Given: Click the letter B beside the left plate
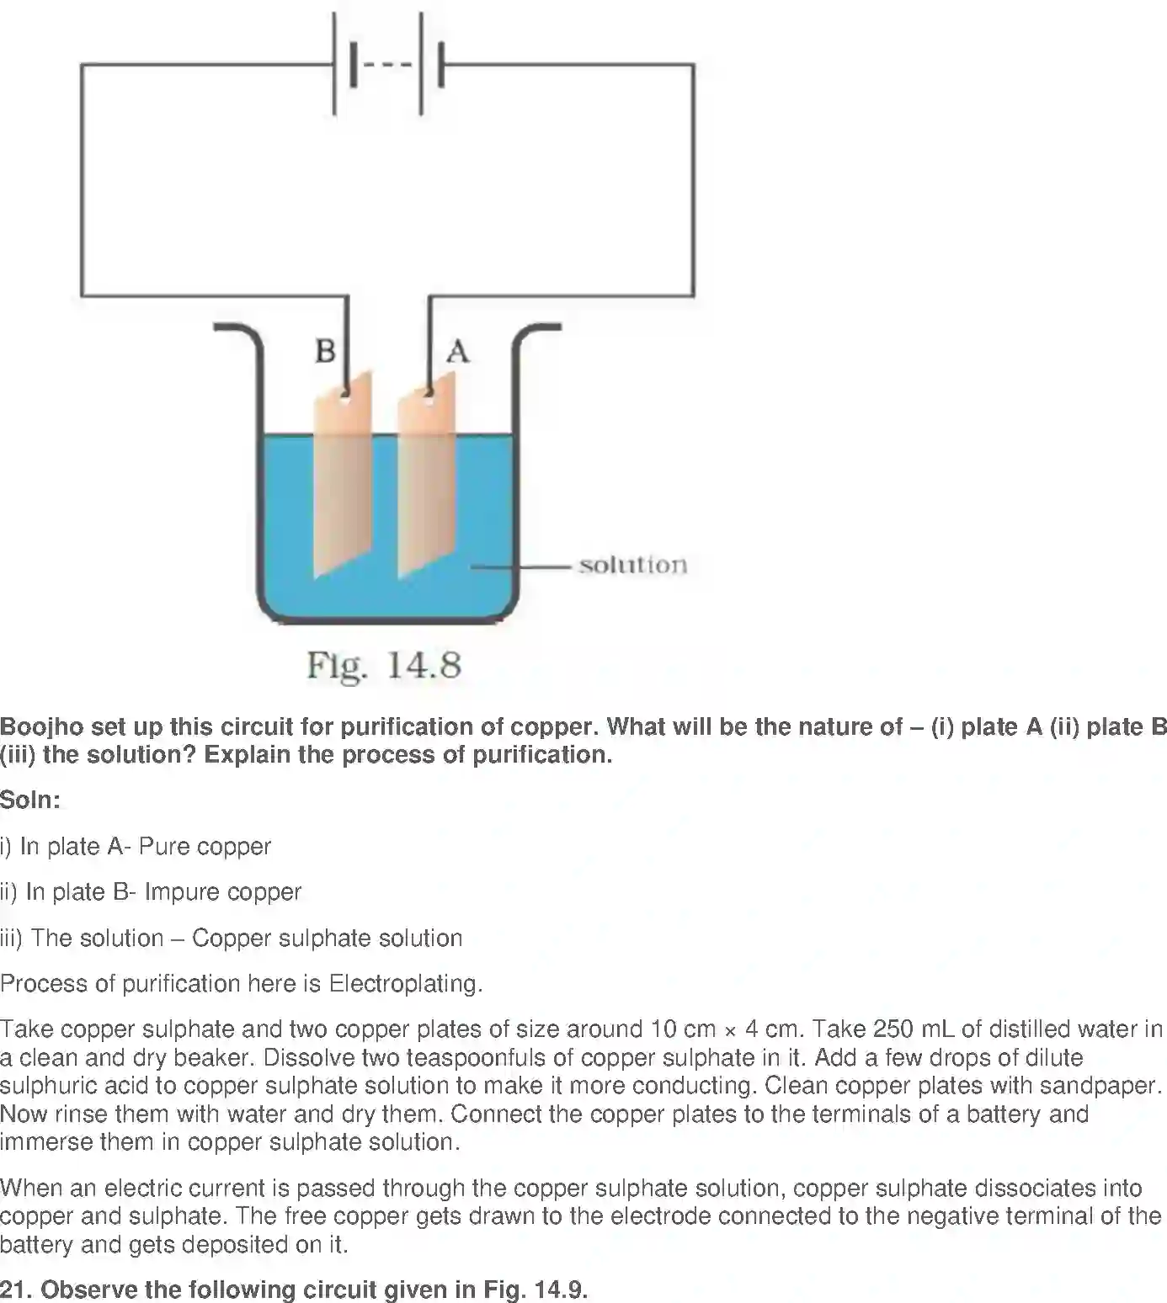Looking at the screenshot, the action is click(326, 351).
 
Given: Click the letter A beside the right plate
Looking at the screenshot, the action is click(458, 351).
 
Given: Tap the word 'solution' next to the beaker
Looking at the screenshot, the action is click(634, 566).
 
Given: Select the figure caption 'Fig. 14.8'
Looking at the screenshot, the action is click(384, 665).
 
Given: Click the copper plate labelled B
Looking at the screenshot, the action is click(343, 475).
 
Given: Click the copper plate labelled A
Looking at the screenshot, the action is click(427, 475).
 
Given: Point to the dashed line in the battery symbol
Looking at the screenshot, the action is click(387, 64).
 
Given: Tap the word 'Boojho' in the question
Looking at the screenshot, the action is click(42, 726).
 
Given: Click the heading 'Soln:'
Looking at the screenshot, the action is click(30, 800).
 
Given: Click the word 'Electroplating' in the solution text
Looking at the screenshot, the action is click(405, 983).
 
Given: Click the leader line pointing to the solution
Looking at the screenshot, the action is click(521, 567).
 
